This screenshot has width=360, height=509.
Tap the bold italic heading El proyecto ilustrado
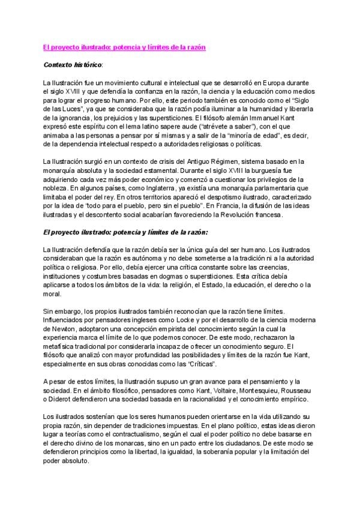pyautogui.click(x=117, y=231)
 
